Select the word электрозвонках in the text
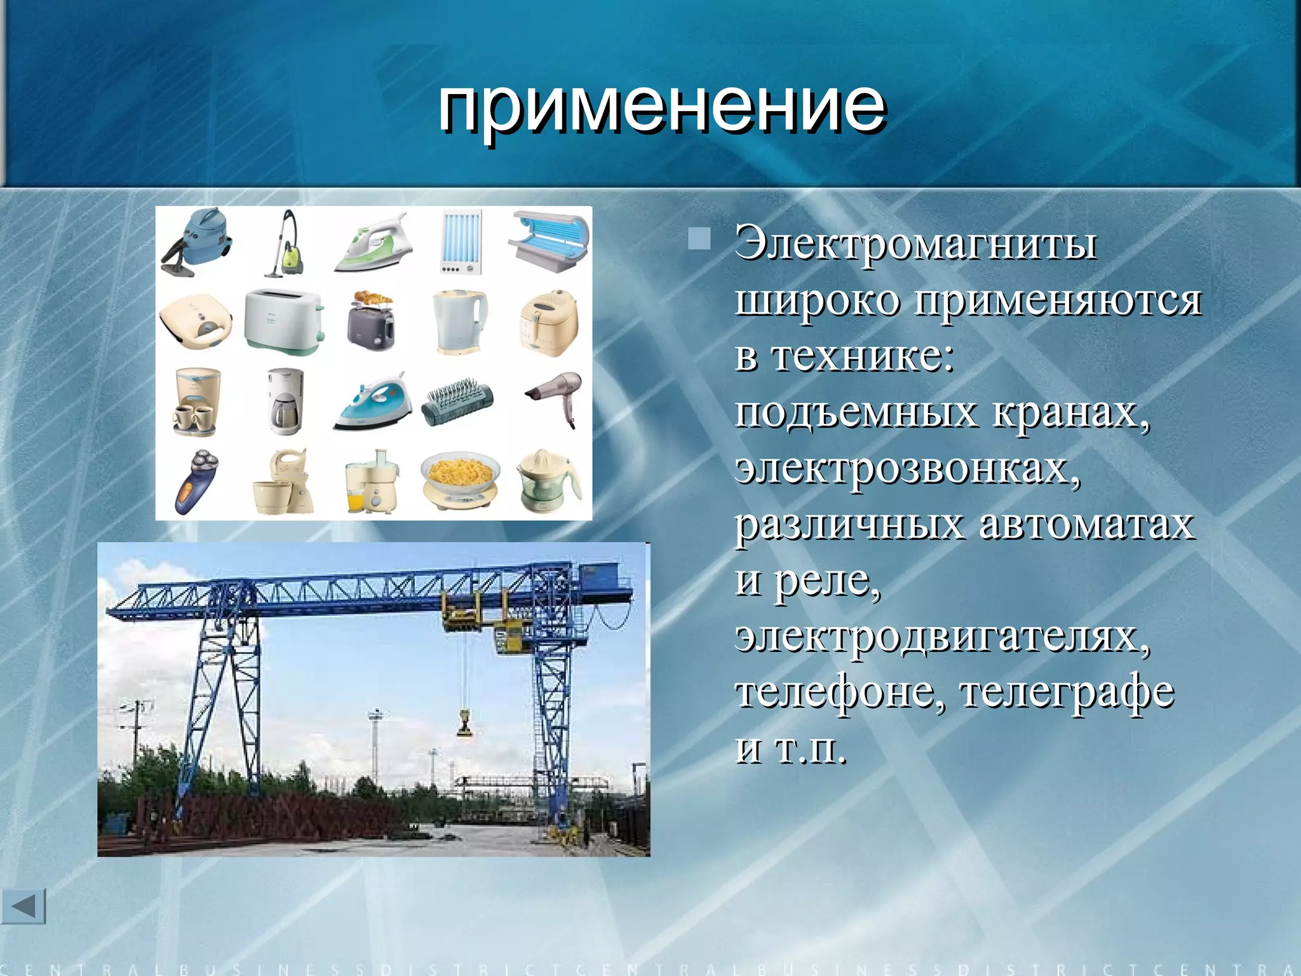click(907, 468)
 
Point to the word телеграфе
click(1067, 693)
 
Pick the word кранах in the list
click(1070, 412)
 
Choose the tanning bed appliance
click(548, 240)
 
